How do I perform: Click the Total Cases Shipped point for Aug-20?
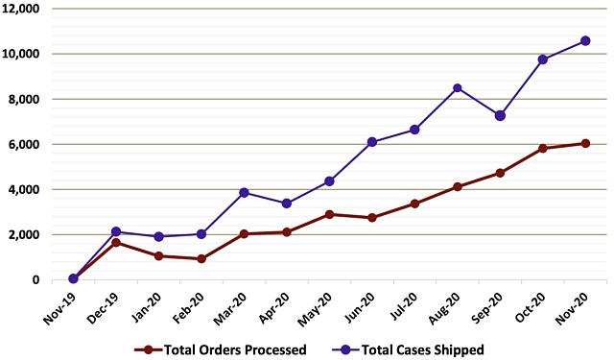[x=458, y=88]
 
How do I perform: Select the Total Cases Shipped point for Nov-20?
[x=585, y=40]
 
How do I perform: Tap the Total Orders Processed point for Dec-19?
[x=116, y=243]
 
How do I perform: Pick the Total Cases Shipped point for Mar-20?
[x=245, y=193]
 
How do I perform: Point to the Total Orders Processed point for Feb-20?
[x=201, y=258]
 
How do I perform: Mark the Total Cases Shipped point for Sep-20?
[x=500, y=115]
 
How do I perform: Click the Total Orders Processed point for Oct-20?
[x=543, y=148]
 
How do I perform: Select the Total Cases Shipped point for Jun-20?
[x=372, y=142]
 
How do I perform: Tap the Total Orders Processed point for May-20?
[x=329, y=214]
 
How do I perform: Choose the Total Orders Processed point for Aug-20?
[x=458, y=186]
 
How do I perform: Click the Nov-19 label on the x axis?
[x=60, y=306]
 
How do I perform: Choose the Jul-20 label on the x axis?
[x=403, y=305]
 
